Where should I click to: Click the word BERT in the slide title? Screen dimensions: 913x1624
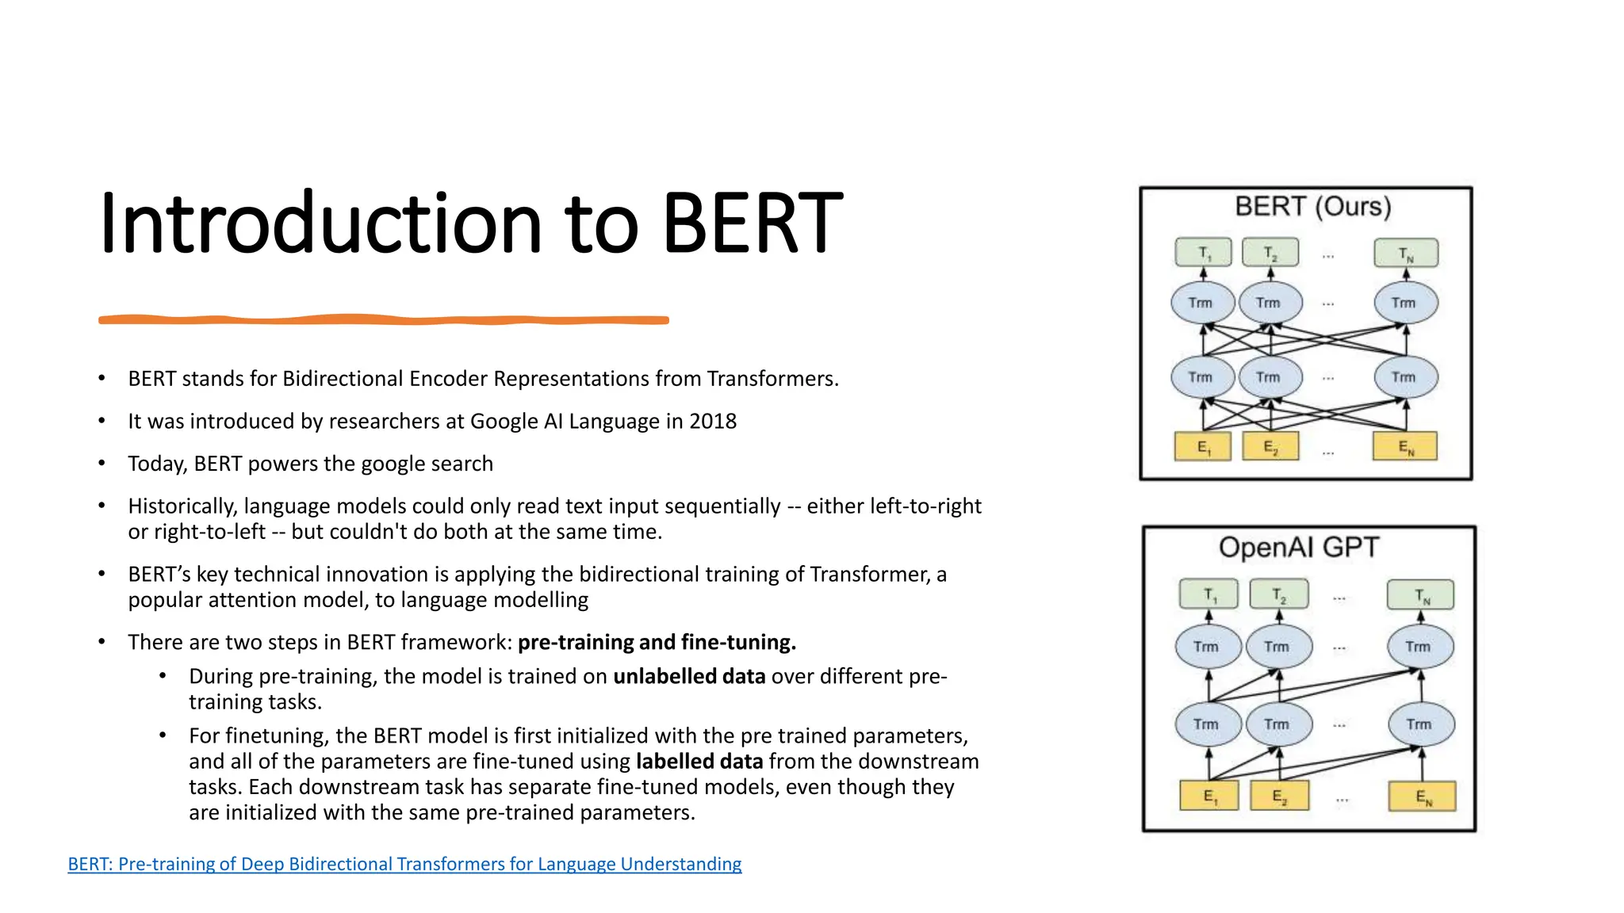coord(751,224)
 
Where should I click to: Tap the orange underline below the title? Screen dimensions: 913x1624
coord(383,319)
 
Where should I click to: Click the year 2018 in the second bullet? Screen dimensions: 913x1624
coord(712,421)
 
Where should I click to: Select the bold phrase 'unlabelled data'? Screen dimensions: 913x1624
coord(688,676)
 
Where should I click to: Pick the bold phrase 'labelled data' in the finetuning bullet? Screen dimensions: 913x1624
coord(699,761)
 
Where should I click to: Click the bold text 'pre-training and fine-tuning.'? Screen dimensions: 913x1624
coord(657,642)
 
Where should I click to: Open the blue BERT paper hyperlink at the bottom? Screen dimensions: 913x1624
coord(404,864)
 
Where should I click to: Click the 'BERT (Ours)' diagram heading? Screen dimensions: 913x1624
coord(1312,207)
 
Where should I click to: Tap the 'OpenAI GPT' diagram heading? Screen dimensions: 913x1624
coord(1299,548)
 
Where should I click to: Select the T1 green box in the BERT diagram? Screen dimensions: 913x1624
coord(1203,253)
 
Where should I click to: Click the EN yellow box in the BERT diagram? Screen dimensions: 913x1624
coord(1404,447)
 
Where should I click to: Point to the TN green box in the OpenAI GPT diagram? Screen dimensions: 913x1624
coord(1420,595)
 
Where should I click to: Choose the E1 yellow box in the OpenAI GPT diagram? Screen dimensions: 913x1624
coord(1208,796)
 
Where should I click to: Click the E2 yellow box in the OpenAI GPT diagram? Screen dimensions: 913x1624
coord(1278,796)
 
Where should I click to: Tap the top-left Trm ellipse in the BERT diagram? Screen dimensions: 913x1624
coord(1202,303)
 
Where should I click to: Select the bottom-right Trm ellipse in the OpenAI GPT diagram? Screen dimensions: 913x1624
coord(1421,724)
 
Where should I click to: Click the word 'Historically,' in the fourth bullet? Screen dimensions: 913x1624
coord(182,506)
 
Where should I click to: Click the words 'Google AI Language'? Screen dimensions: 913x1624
coord(565,421)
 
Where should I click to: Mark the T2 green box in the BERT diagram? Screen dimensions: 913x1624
coord(1270,253)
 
